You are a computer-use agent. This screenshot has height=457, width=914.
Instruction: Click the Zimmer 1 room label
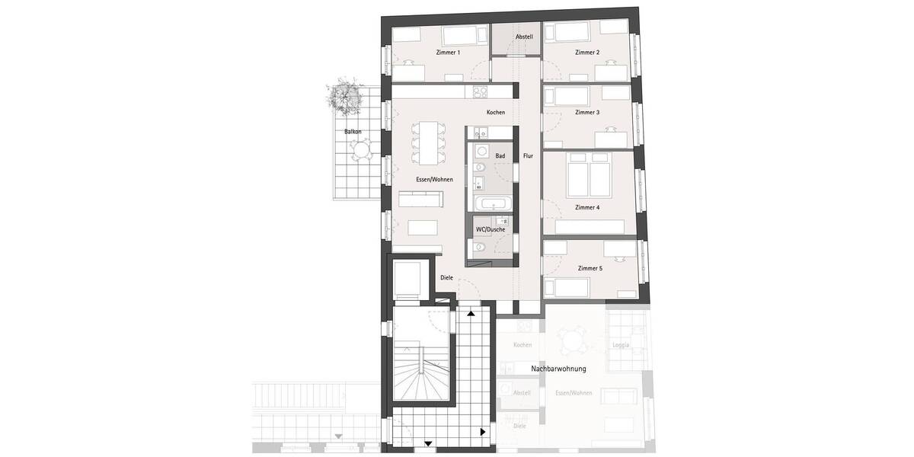(x=448, y=53)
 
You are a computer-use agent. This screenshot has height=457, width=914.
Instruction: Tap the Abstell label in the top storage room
(x=524, y=37)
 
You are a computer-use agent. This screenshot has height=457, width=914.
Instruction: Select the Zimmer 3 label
(x=587, y=112)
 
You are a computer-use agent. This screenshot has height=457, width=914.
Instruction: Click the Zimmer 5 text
(x=590, y=268)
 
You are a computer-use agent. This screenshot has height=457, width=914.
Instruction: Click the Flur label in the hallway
(x=528, y=156)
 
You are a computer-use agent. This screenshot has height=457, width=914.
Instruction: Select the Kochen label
(x=496, y=113)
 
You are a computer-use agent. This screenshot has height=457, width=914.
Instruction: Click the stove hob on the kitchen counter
(x=480, y=92)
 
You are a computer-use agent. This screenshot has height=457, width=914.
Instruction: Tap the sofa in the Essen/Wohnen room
(x=420, y=200)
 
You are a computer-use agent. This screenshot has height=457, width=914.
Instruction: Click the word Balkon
(x=353, y=131)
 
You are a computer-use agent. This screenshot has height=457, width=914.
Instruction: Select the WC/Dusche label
(x=491, y=228)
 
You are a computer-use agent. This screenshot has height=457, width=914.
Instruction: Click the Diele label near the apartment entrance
(x=446, y=277)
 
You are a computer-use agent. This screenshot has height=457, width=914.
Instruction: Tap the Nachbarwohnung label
(x=558, y=369)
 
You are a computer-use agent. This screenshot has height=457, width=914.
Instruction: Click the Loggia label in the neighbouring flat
(x=621, y=344)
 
